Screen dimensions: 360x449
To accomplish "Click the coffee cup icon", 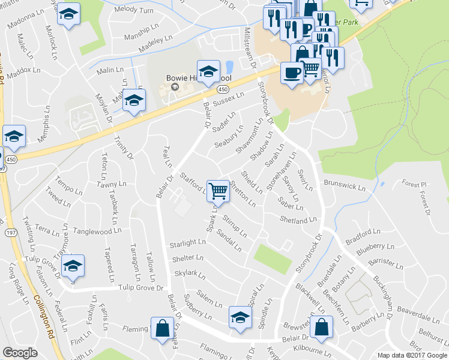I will click(x=292, y=73).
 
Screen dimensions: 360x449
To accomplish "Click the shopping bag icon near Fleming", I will click(x=162, y=328).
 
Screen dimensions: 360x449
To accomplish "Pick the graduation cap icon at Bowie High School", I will click(x=208, y=72).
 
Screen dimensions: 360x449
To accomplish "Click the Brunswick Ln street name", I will click(x=345, y=183).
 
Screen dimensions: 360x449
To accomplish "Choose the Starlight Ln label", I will click(x=188, y=243).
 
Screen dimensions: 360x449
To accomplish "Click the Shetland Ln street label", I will click(x=298, y=220).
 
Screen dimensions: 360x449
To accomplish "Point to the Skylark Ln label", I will click(x=190, y=275).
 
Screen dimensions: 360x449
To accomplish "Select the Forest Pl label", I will click(x=414, y=184).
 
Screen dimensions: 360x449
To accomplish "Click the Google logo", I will click(x=20, y=353).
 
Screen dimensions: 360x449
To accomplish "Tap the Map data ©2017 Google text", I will click(x=412, y=355).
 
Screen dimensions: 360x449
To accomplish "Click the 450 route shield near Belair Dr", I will click(x=223, y=89).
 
